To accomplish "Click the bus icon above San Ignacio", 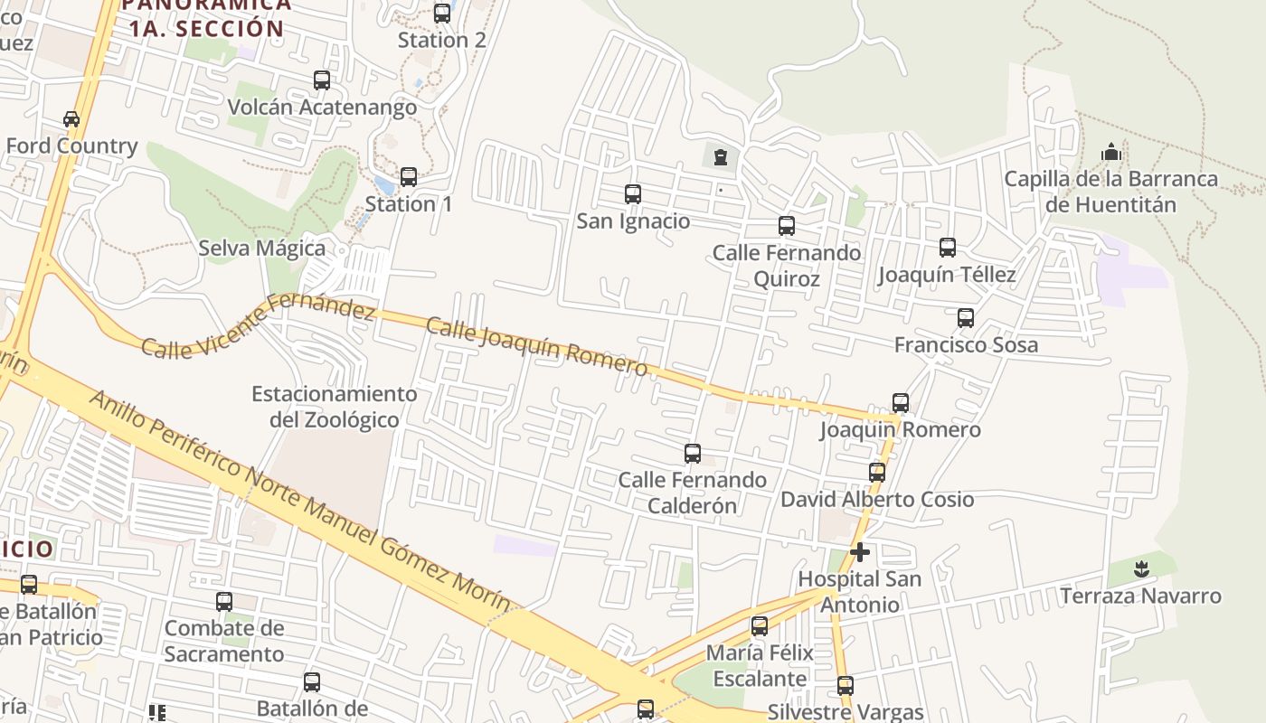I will [633, 194].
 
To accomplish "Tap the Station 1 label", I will [409, 204].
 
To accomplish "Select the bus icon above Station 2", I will [442, 14].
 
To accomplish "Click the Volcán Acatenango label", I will [322, 108].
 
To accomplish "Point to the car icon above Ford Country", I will [71, 119].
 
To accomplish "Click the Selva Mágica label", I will [262, 248].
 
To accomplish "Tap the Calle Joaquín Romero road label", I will [536, 346].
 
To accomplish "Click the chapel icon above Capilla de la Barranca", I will [1111, 152].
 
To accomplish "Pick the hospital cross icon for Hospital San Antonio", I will [860, 551].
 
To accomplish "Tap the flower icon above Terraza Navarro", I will [1141, 569].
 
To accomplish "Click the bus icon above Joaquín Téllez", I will [948, 248].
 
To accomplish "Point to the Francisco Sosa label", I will [966, 345].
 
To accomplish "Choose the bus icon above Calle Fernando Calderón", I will [693, 454].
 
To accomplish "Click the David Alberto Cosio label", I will [877, 500].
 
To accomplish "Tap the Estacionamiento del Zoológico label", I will [335, 407].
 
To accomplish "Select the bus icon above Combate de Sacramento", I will [224, 601].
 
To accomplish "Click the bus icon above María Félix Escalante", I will [760, 625].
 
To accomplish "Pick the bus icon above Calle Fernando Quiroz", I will [787, 226].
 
